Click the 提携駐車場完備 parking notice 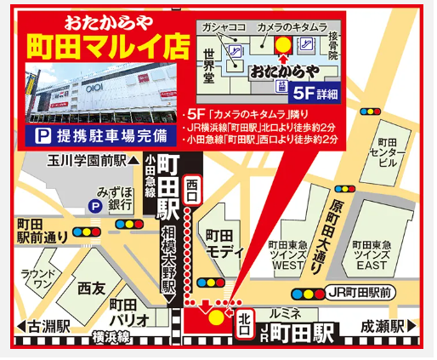click(101, 136)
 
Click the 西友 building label click(91, 289)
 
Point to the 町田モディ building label click(224, 243)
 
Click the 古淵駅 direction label click(44, 326)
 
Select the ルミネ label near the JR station click(283, 312)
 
